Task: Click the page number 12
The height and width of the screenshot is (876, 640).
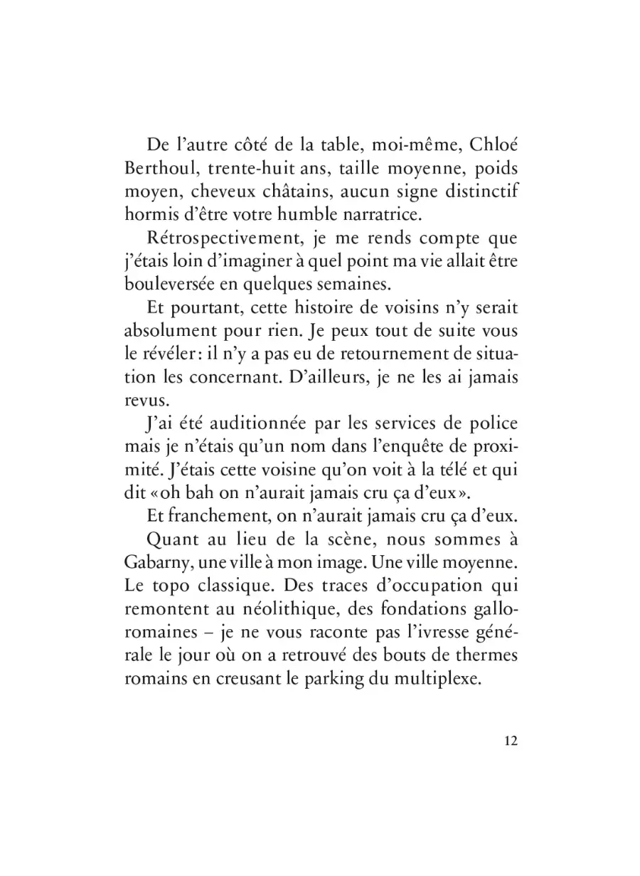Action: pyautogui.click(x=509, y=740)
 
